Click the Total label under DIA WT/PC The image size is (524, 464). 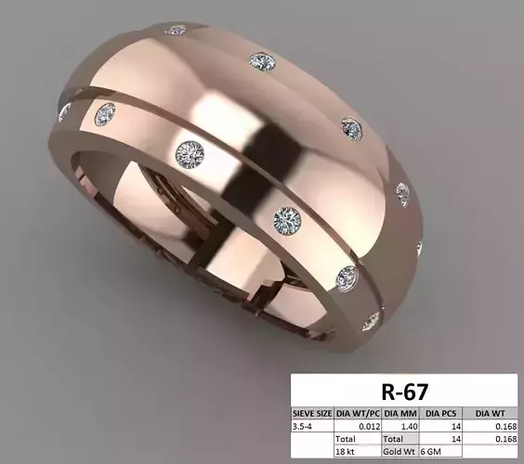[x=347, y=436]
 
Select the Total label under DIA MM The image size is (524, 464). [x=393, y=436]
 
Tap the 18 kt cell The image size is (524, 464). [x=346, y=450]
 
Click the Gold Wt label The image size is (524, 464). [x=397, y=450]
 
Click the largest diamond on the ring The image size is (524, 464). [x=190, y=153]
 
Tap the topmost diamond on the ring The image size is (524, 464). [x=176, y=30]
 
